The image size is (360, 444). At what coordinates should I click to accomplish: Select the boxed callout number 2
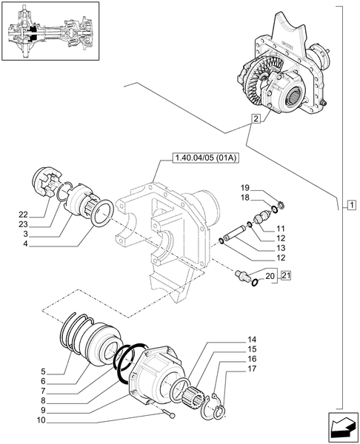255,118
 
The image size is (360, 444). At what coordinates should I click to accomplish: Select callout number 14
252,339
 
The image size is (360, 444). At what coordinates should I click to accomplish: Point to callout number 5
22,370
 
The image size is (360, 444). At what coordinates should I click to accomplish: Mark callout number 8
22,400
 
